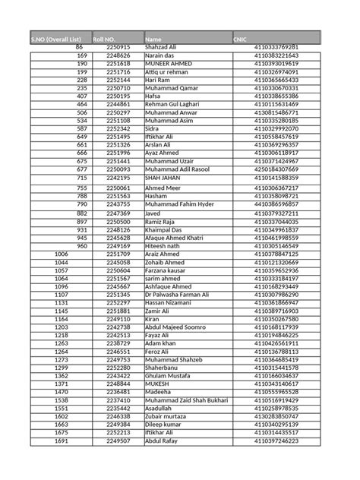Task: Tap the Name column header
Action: (153, 38)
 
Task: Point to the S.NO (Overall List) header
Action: (55, 38)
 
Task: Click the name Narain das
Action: (162, 55)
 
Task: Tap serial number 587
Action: (82, 128)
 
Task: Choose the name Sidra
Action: (154, 128)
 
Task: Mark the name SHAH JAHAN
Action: (164, 177)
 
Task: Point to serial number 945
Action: (82, 237)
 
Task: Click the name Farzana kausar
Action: (168, 270)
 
